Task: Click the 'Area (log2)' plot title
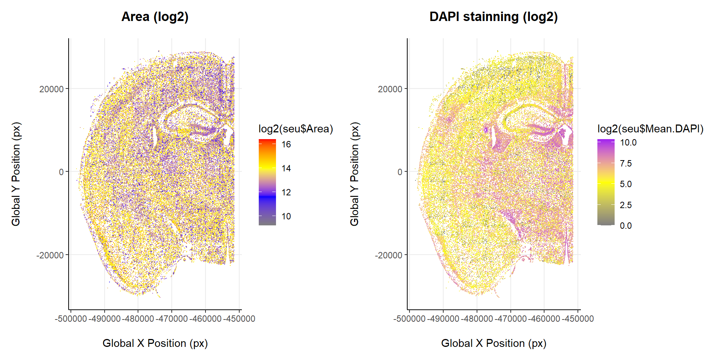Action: [x=155, y=17]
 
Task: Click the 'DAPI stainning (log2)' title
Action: [x=493, y=17]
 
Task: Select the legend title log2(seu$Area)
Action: [x=295, y=129]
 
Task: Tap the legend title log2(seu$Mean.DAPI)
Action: [x=650, y=129]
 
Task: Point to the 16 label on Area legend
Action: [x=286, y=144]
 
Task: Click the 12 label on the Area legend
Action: [x=286, y=192]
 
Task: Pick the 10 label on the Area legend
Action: [x=286, y=216]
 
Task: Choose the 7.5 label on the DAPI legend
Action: [x=625, y=163]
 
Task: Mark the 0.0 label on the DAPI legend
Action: [x=625, y=226]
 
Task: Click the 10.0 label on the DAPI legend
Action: [x=628, y=142]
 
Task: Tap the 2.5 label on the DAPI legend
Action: [x=625, y=205]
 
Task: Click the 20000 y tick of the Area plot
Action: [x=51, y=89]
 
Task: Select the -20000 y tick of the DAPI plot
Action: [x=388, y=255]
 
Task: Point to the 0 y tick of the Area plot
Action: [x=61, y=172]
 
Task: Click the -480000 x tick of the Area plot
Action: [x=138, y=319]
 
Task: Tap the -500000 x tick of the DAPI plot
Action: [x=409, y=319]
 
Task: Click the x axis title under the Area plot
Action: [x=155, y=343]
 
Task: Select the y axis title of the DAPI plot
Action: [x=354, y=174]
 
